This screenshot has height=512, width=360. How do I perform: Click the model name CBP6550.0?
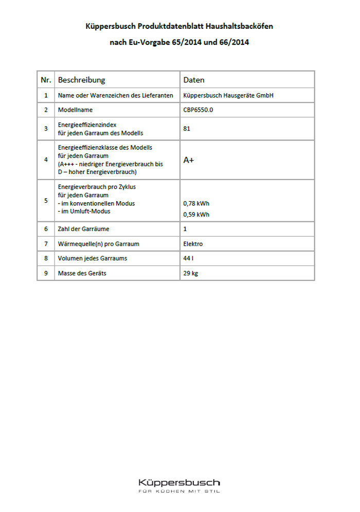tap(197, 110)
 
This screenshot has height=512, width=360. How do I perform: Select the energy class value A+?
tap(189, 160)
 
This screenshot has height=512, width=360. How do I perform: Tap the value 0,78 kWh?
tap(196, 203)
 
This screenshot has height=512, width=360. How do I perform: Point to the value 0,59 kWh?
tap(196, 215)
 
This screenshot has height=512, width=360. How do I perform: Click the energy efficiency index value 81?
tap(187, 129)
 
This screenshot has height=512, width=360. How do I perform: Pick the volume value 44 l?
tap(188, 258)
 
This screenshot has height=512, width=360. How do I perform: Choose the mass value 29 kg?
tap(190, 273)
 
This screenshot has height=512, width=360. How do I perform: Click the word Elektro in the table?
tap(193, 243)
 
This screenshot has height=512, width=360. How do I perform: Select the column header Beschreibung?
tap(81, 80)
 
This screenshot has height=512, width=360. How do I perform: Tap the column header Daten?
tap(194, 80)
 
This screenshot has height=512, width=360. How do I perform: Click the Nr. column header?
tap(46, 80)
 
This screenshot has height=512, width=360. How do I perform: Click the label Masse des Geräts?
tap(82, 273)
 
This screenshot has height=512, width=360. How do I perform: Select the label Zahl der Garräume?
tap(83, 228)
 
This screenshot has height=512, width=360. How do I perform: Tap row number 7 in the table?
tap(46, 243)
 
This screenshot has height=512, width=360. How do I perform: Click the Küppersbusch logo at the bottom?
tap(179, 483)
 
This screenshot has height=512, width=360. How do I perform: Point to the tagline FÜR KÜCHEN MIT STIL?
tap(179, 492)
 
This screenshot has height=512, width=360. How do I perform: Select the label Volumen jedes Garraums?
tap(93, 258)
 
